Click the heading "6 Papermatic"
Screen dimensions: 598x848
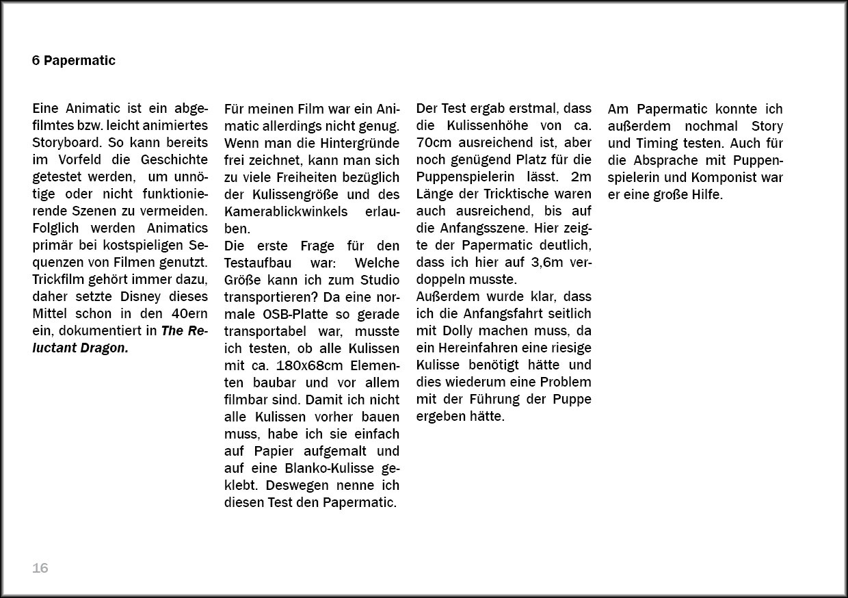tap(73, 61)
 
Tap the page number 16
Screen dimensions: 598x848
tap(40, 569)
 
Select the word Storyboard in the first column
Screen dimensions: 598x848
tap(66, 143)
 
